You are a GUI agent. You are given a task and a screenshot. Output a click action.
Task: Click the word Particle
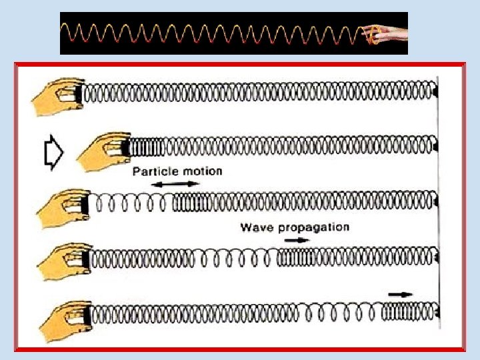[155, 171]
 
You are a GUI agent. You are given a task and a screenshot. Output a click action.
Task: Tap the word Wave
[257, 227]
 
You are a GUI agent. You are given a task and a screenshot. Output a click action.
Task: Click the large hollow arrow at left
[53, 154]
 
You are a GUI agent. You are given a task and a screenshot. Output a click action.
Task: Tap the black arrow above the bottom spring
[401, 293]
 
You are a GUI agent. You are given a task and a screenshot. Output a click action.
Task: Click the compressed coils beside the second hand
[143, 145]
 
